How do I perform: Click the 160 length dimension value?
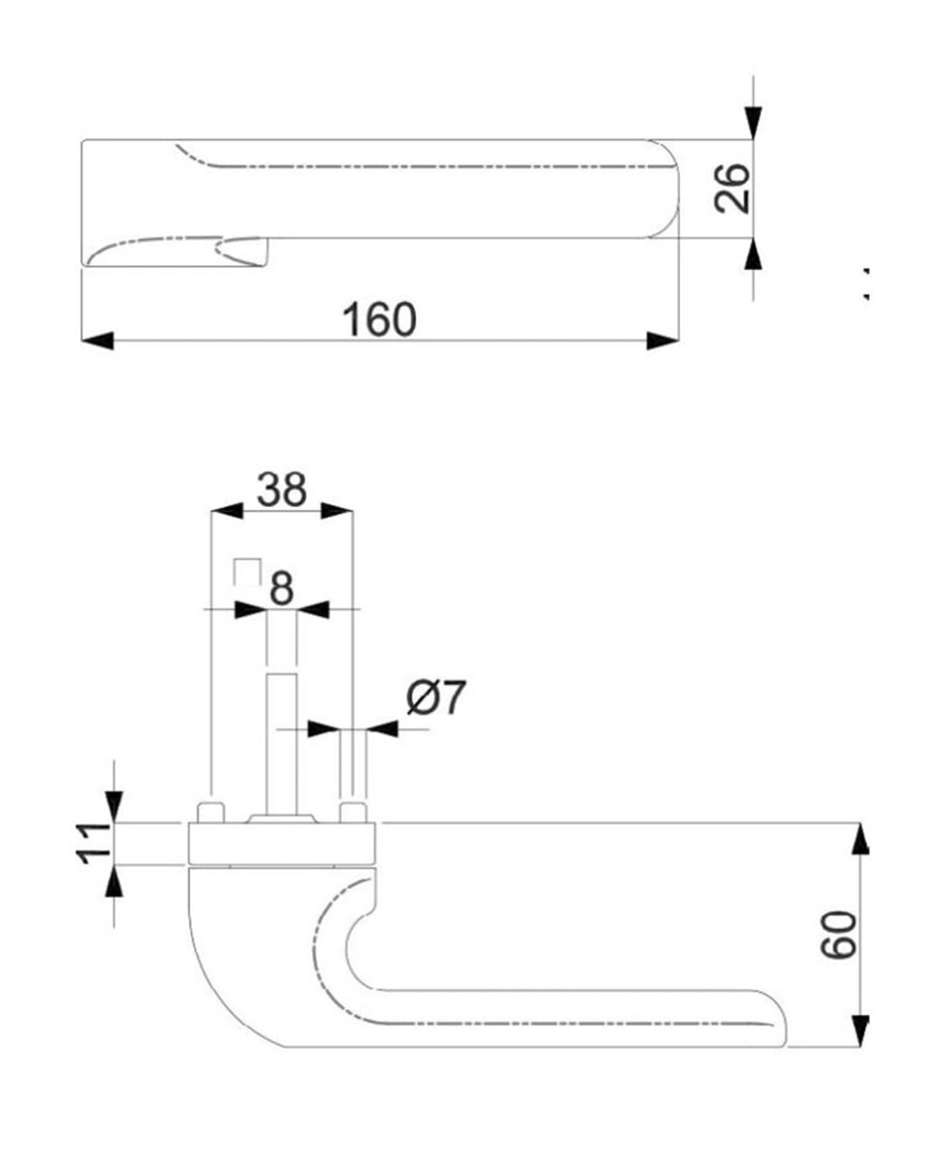tap(380, 318)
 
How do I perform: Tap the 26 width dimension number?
tap(733, 188)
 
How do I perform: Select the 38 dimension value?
tap(281, 490)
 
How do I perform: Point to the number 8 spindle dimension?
tap(280, 587)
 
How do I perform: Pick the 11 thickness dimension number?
tap(94, 843)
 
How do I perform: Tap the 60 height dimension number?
tap(839, 934)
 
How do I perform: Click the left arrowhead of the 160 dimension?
tap(97, 341)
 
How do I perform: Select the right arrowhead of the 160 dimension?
tap(663, 341)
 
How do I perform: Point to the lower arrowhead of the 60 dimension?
tap(859, 1030)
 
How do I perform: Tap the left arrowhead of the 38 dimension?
tap(225, 511)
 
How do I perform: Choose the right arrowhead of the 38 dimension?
tap(337, 511)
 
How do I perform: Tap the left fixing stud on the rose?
tap(210, 811)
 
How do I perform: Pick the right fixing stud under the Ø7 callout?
tap(353, 811)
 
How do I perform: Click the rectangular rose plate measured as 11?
tap(280, 844)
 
